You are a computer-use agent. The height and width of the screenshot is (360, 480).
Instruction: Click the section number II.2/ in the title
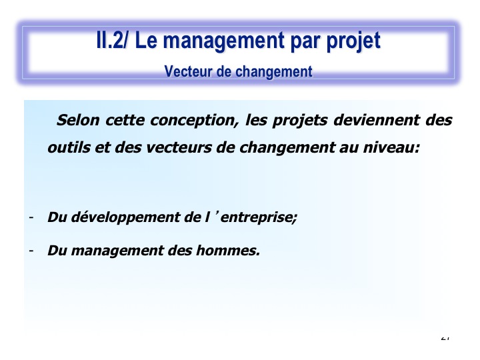coord(111,40)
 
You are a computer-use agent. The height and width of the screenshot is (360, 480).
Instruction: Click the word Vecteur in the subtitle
coord(188,71)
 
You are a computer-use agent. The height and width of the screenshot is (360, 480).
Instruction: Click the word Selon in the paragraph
coord(78,120)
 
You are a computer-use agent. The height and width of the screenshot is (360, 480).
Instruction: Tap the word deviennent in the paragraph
coord(377,120)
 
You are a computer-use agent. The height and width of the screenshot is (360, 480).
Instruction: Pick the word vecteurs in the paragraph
coord(179,148)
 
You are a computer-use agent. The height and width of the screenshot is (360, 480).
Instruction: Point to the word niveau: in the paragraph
coord(391,147)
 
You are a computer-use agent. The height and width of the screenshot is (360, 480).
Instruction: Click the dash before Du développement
coord(31,217)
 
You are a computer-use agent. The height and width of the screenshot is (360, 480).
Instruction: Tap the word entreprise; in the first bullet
coord(259,217)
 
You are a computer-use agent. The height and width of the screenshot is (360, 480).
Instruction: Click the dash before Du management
coord(31,251)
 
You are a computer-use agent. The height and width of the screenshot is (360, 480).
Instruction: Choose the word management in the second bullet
coord(117,251)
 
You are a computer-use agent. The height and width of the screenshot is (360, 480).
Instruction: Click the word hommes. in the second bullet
coord(228,250)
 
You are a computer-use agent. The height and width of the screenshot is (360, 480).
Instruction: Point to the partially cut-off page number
coord(445,338)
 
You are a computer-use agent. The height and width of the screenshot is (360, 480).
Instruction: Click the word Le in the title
coord(146,40)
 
